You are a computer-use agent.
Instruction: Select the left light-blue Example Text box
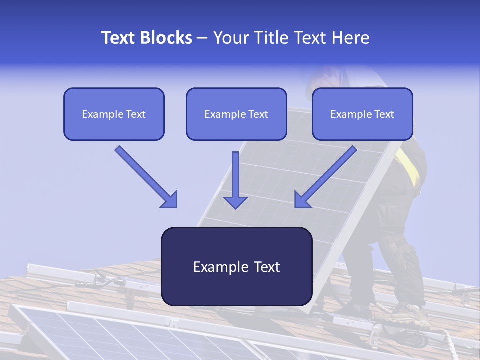pyautogui.click(x=114, y=114)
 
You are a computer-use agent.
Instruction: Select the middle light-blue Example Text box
pyautogui.click(x=236, y=114)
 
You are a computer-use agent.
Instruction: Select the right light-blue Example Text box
pyautogui.click(x=362, y=114)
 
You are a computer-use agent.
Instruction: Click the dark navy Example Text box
pyautogui.click(x=236, y=267)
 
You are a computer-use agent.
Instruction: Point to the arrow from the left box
pyautogui.click(x=146, y=176)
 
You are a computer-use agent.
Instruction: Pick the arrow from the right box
pyautogui.click(x=326, y=176)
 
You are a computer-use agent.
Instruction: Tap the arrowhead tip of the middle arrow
pyautogui.click(x=235, y=207)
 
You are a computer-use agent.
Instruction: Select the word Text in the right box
pyautogui.click(x=384, y=114)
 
